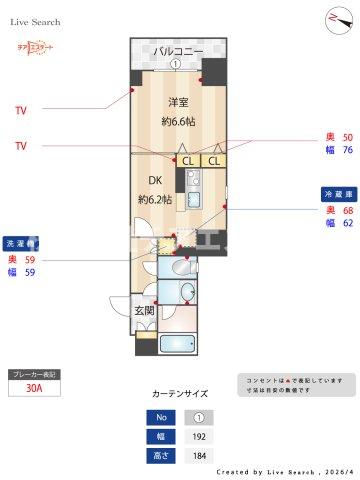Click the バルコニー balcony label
click(x=178, y=51)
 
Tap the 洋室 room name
click(x=179, y=102)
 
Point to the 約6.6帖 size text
click(x=179, y=122)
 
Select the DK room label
click(x=156, y=181)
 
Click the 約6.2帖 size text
click(x=156, y=200)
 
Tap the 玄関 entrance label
click(x=144, y=311)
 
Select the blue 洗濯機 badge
click(x=21, y=242)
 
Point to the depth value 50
click(x=347, y=137)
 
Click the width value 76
click(x=347, y=151)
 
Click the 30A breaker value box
click(x=34, y=391)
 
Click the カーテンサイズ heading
click(x=180, y=394)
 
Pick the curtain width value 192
click(x=197, y=436)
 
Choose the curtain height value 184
click(x=197, y=455)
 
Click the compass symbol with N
click(x=333, y=19)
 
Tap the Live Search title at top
click(x=36, y=21)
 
